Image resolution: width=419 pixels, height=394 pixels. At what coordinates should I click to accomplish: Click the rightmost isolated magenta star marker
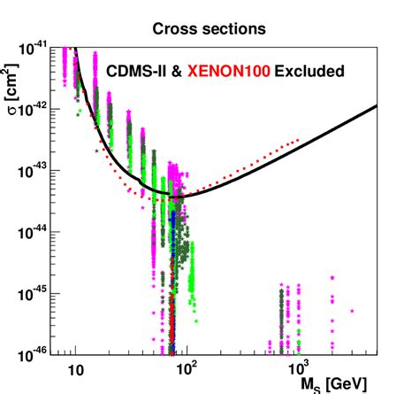[352, 311]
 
